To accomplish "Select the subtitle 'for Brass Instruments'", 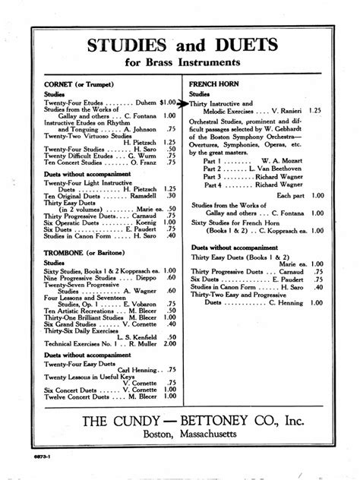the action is [179, 62].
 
